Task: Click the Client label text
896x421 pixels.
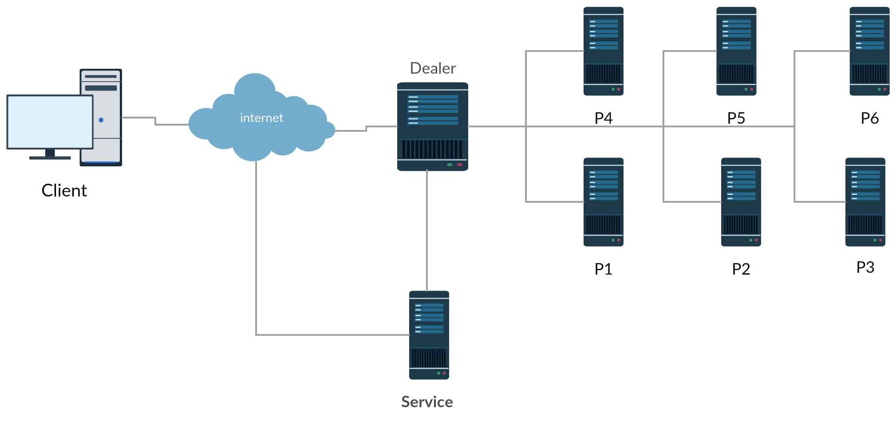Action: click(x=64, y=190)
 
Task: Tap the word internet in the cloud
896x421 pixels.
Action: click(x=261, y=118)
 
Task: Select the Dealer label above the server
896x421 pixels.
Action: click(x=433, y=68)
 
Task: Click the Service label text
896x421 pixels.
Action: click(x=427, y=402)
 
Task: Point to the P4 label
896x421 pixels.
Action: click(x=603, y=118)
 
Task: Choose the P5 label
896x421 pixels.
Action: click(x=736, y=118)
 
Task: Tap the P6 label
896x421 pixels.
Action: click(x=869, y=118)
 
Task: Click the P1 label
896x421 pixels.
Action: click(x=603, y=269)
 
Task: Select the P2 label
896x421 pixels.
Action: click(x=741, y=269)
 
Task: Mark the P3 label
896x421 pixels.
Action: click(x=865, y=267)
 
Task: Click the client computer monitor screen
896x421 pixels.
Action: click(x=50, y=122)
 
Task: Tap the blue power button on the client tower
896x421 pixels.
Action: click(x=101, y=120)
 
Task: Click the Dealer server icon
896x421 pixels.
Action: click(x=433, y=126)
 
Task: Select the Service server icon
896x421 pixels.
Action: click(x=429, y=335)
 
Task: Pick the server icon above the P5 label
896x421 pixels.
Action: click(x=736, y=51)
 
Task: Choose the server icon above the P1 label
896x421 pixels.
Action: click(x=604, y=202)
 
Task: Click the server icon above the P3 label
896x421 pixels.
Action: click(x=865, y=202)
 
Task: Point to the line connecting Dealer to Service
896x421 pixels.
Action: click(x=427, y=231)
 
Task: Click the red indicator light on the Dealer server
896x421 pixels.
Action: click(x=460, y=165)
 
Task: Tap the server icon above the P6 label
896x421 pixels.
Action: click(x=870, y=51)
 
